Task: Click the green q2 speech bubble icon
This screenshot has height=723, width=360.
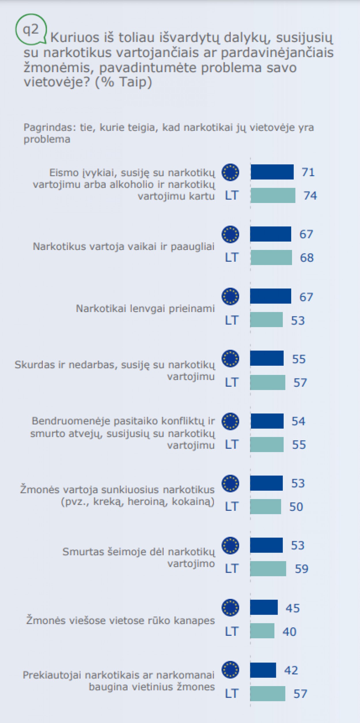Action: (31, 29)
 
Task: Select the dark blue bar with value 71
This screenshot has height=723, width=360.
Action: (272, 172)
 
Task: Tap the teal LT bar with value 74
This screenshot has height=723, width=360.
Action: (273, 196)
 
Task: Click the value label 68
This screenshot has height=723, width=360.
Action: (307, 257)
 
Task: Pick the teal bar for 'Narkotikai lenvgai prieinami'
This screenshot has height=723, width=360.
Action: (266, 320)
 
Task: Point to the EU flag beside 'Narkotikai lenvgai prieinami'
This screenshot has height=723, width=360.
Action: (230, 296)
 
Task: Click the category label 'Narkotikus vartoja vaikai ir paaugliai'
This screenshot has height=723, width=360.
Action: (124, 246)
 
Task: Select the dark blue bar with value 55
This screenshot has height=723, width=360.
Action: (267, 358)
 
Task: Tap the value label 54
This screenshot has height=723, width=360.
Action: (298, 421)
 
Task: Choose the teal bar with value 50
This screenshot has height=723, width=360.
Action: (265, 506)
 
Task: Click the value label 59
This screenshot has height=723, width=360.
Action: (302, 569)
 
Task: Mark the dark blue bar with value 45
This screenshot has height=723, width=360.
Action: (264, 607)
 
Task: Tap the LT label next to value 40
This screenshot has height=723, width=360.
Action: (232, 631)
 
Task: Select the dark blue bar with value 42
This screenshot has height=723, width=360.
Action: (263, 670)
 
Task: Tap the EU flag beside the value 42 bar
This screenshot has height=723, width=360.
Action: (230, 670)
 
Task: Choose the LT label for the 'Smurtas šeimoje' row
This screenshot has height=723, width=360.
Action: (232, 569)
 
